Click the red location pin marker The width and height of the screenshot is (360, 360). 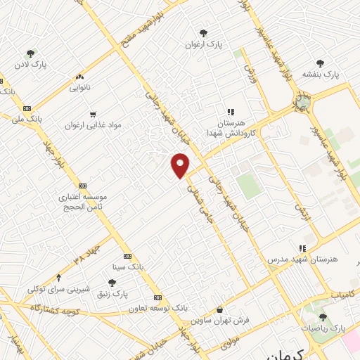[181, 165]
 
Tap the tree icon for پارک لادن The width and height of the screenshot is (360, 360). [30, 53]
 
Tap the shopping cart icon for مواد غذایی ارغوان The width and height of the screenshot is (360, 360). [92, 115]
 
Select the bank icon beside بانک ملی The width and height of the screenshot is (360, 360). [27, 108]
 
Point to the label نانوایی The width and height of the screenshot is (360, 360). [79, 89]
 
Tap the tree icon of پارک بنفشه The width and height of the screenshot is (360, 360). [320, 63]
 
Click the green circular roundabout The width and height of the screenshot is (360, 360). [303, 103]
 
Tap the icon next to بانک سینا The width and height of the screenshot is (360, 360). [127, 256]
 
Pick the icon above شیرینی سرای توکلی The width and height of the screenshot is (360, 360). [58, 278]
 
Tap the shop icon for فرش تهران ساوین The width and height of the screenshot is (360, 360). [220, 309]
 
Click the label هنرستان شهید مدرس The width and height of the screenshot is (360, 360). [302, 259]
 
